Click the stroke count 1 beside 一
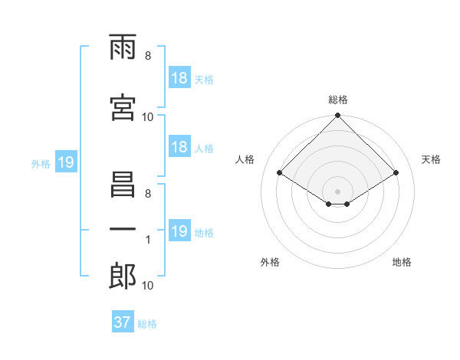tap(147, 240)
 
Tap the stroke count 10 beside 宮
tap(147, 116)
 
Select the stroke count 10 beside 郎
tap(147, 285)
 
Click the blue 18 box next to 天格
tap(179, 78)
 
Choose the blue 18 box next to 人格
tap(179, 147)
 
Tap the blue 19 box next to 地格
tap(179, 231)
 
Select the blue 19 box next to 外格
tap(65, 162)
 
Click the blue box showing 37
tap(123, 322)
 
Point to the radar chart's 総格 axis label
tap(338, 100)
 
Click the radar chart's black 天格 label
tap(432, 159)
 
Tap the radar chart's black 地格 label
tap(402, 262)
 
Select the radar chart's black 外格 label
tap(270, 262)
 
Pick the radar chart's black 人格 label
tap(245, 159)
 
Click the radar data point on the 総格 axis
tap(338, 116)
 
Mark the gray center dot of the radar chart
tap(338, 190)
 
